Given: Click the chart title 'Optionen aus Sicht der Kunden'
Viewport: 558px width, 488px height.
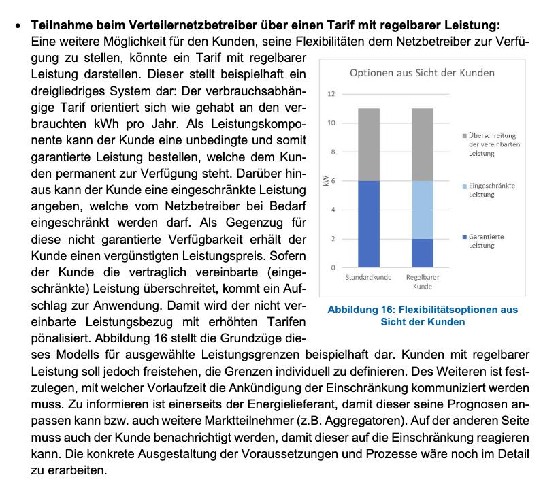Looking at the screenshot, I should [422, 73].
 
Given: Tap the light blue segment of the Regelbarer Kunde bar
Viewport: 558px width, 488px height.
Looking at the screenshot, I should [422, 210].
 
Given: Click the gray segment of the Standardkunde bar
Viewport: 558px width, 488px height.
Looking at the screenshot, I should [368, 144].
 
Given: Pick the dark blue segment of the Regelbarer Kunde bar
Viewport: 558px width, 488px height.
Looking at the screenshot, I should [422, 253].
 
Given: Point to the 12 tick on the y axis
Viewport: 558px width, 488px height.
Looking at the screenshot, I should [331, 94].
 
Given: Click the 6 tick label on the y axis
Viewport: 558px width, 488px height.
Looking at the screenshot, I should [333, 181].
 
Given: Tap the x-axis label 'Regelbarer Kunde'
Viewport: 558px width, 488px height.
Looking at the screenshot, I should [422, 282].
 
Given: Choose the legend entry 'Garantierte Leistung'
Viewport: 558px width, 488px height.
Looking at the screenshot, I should [485, 241].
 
